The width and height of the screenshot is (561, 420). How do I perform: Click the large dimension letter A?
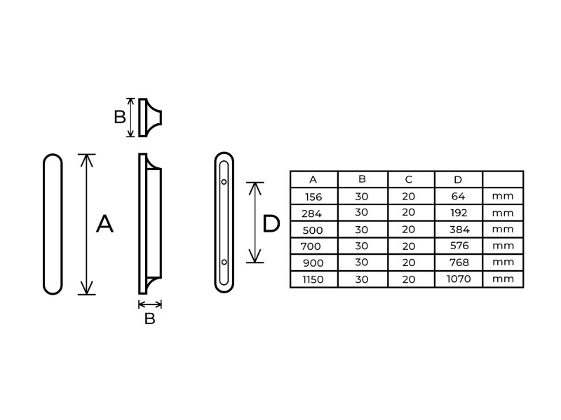click(x=104, y=224)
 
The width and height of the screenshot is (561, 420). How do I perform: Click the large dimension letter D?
click(x=271, y=224)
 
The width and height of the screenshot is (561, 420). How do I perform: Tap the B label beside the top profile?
click(x=120, y=117)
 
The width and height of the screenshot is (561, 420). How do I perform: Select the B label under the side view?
click(x=149, y=319)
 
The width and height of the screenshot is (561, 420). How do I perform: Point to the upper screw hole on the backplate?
click(x=224, y=182)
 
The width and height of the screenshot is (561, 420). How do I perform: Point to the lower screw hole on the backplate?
click(x=224, y=262)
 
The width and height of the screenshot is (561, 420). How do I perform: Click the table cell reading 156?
click(x=313, y=197)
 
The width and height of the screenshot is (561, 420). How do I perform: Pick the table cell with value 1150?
click(x=313, y=279)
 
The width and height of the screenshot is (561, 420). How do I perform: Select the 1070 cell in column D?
click(x=458, y=279)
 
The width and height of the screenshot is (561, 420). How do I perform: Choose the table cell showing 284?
click(x=313, y=213)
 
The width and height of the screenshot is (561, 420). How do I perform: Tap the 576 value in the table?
click(x=458, y=246)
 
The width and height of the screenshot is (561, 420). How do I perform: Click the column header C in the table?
click(x=409, y=180)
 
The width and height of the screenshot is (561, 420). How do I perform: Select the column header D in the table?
click(x=458, y=180)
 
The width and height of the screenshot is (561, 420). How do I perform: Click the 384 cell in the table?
click(x=458, y=229)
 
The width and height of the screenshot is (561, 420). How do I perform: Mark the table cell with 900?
click(x=313, y=262)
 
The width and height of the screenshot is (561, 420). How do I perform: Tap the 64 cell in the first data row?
click(x=458, y=196)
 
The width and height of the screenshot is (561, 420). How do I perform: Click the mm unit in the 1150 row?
click(x=503, y=279)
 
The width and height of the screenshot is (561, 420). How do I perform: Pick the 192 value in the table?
click(x=458, y=213)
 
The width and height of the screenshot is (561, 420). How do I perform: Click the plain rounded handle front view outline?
click(x=53, y=224)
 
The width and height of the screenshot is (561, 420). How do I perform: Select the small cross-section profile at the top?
click(x=149, y=117)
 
